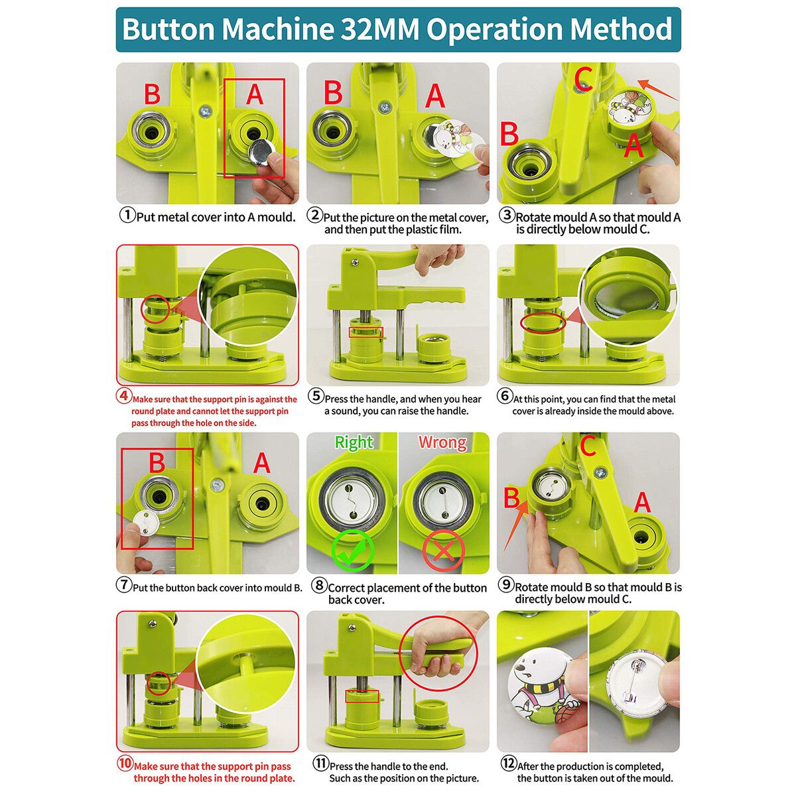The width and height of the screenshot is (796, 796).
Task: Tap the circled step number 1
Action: (127, 215)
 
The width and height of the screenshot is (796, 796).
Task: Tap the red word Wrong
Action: (442, 442)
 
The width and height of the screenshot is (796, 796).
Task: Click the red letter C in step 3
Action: (583, 78)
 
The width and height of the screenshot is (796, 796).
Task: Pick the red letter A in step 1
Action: (255, 94)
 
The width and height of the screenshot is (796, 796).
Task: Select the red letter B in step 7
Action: (157, 462)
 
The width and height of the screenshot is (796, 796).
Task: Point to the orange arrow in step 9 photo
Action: (516, 525)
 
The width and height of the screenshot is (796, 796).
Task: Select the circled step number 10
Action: (124, 763)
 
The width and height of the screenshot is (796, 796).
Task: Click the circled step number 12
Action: (509, 763)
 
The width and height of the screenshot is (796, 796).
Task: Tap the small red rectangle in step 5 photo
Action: (366, 332)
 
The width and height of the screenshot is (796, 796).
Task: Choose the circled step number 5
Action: (316, 396)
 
